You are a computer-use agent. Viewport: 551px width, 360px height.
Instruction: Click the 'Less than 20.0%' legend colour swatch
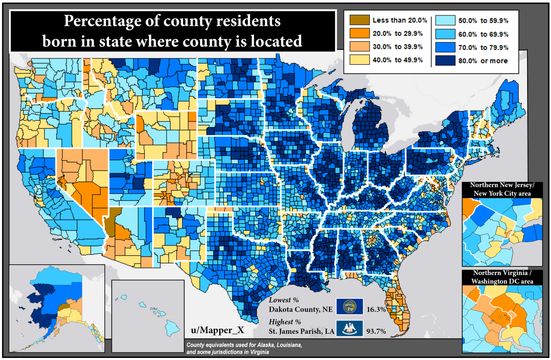click(359, 20)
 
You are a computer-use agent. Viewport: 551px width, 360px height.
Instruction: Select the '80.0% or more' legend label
click(483, 61)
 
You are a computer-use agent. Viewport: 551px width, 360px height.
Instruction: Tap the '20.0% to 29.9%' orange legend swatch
click(359, 33)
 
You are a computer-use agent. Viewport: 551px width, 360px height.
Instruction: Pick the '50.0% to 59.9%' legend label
click(483, 21)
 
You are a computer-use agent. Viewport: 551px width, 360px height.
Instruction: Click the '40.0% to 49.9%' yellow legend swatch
click(359, 60)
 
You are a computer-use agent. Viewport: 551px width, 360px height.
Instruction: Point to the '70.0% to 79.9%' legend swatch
click(445, 47)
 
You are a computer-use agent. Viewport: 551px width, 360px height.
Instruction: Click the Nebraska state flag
click(349, 307)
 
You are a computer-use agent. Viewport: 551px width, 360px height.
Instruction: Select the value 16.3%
click(376, 309)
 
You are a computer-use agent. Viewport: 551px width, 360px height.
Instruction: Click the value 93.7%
click(376, 331)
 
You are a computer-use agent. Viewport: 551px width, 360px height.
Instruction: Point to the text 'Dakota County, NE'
click(301, 309)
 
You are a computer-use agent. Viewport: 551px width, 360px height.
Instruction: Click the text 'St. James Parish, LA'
click(301, 331)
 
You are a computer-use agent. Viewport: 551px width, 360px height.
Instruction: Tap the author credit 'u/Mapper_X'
click(217, 330)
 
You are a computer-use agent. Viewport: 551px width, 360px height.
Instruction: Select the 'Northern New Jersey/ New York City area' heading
click(502, 189)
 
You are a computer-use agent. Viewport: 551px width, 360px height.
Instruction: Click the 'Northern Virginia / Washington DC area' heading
click(502, 277)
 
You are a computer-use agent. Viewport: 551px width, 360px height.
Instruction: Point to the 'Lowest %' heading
click(284, 300)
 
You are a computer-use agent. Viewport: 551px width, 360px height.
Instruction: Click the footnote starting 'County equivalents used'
click(244, 349)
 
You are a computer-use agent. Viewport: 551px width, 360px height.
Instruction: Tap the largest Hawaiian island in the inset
click(172, 326)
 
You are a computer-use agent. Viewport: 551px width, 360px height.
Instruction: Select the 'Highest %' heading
click(285, 322)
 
